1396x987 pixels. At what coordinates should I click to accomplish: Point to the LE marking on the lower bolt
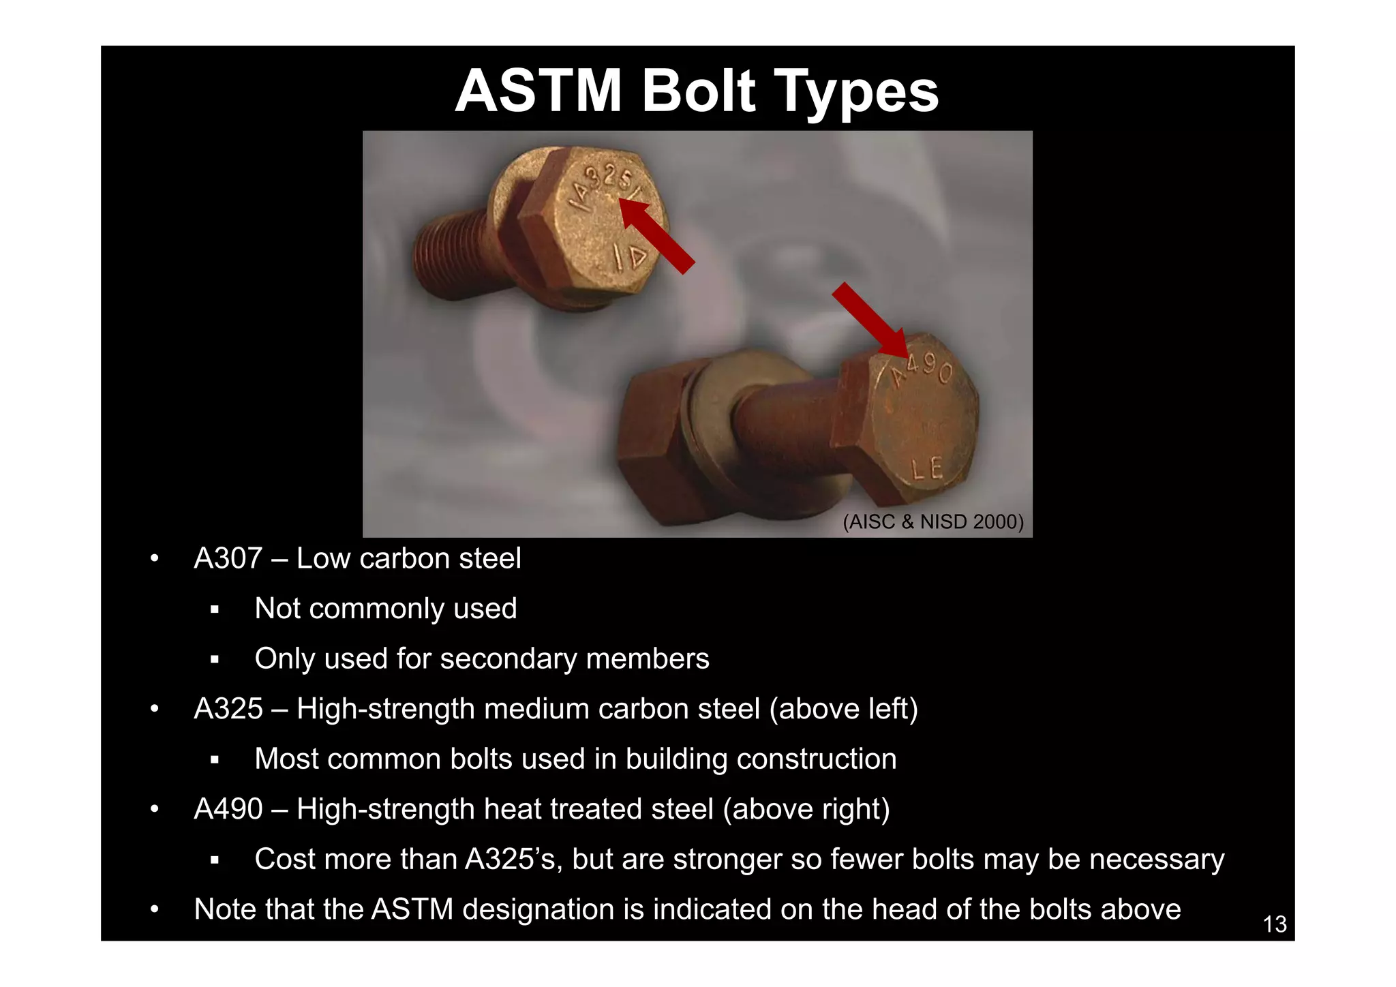coord(928,468)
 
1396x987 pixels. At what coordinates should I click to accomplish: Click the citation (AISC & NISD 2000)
coord(933,522)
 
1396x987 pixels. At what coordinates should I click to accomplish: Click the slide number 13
coord(1274,924)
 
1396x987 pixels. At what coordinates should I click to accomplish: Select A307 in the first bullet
coord(228,559)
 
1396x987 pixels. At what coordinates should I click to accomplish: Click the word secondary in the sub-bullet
coord(508,659)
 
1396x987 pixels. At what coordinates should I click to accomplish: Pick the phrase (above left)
coord(843,709)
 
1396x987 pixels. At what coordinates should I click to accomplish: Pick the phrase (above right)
coord(806,809)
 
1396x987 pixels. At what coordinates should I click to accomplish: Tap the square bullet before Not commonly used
coord(215,609)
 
